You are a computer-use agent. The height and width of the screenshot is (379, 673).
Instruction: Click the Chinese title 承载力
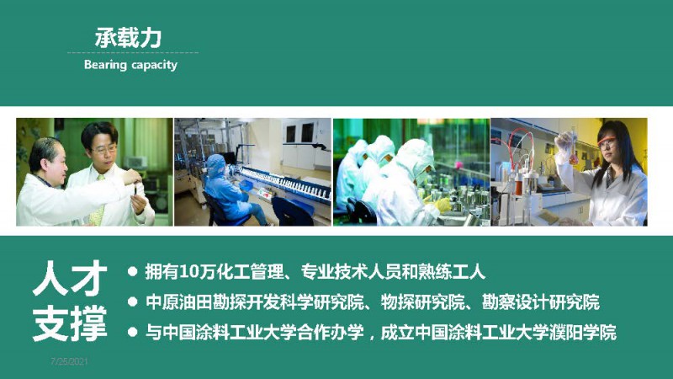click(128, 38)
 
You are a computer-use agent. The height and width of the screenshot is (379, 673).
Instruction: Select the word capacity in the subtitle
click(155, 66)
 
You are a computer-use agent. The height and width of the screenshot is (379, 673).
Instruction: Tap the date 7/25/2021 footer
click(69, 361)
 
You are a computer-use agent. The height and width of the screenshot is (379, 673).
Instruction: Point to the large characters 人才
click(70, 278)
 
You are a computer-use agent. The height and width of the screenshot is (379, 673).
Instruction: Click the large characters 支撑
click(70, 323)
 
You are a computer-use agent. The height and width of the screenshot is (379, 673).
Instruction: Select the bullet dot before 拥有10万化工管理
click(133, 271)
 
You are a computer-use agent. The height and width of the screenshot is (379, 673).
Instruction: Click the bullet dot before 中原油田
click(133, 302)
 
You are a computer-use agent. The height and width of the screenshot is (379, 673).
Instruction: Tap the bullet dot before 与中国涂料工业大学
click(133, 332)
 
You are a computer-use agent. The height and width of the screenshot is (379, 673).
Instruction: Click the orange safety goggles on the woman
click(606, 141)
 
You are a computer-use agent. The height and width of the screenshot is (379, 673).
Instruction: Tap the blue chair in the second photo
click(293, 211)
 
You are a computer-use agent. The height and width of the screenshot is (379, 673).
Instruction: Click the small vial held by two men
click(136, 188)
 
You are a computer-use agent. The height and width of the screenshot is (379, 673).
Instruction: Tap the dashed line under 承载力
click(133, 52)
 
